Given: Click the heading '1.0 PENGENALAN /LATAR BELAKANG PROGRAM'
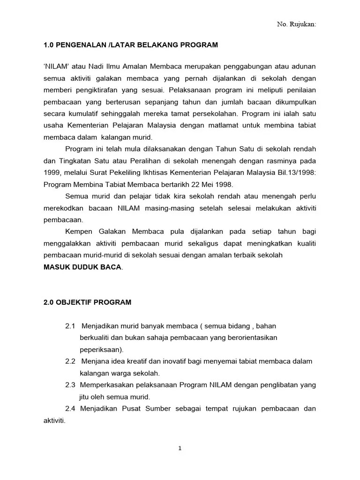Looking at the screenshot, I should pos(131,45).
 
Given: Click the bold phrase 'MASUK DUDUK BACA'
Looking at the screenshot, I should pos(82,267).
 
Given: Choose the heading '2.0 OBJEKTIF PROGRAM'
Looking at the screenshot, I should pos(87,302).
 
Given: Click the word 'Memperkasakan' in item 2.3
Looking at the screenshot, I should pos(106,385).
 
